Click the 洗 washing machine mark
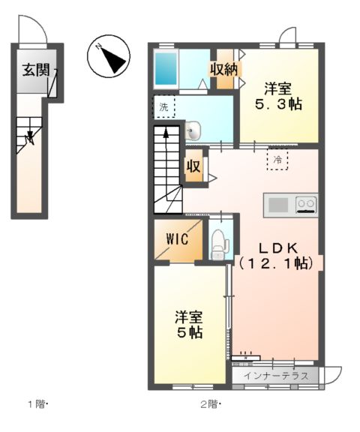[x=163, y=107]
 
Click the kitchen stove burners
[x=305, y=203]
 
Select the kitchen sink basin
[x=278, y=204]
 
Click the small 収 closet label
[x=193, y=166]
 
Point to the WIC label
[x=177, y=240]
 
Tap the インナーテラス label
[x=276, y=375]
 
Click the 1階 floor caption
[x=37, y=405]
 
